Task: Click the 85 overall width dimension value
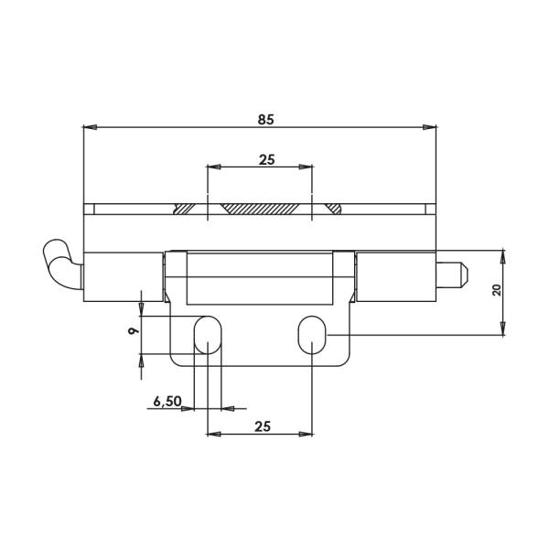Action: point(265,120)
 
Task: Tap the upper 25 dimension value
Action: point(267,160)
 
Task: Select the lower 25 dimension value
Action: point(263,426)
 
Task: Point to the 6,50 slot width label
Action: point(167,402)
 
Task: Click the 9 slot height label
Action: point(133,330)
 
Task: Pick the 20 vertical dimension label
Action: point(497,290)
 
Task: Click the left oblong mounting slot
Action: point(208,335)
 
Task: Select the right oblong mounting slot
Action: point(312,335)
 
